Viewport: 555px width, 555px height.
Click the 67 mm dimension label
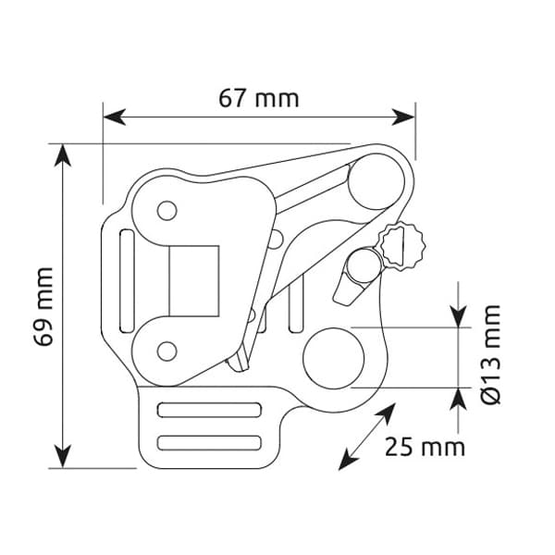point(259,98)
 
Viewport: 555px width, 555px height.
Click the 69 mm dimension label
point(43,306)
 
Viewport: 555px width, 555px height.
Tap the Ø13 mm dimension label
point(491,354)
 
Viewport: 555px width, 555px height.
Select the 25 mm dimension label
point(425,447)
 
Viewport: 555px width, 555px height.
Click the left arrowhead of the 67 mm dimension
point(114,117)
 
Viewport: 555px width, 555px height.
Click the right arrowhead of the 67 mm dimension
point(403,117)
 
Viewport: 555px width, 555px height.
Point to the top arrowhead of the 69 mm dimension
point(63,155)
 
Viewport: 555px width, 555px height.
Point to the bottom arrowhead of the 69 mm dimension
point(63,457)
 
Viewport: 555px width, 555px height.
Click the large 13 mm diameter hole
point(333,358)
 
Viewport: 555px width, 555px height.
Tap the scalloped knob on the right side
point(402,246)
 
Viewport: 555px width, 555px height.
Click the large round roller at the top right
point(376,181)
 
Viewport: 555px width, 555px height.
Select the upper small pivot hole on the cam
point(166,211)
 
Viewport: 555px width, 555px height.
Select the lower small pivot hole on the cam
point(166,351)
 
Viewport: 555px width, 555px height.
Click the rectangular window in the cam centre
point(194,281)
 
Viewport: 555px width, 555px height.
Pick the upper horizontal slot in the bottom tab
point(209,410)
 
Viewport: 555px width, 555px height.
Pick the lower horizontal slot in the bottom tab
point(209,443)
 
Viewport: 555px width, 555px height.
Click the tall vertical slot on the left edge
point(127,281)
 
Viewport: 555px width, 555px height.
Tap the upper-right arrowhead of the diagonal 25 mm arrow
point(387,412)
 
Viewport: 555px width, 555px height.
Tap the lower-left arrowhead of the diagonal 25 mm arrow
point(347,461)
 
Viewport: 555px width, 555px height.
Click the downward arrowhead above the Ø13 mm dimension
point(459,316)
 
